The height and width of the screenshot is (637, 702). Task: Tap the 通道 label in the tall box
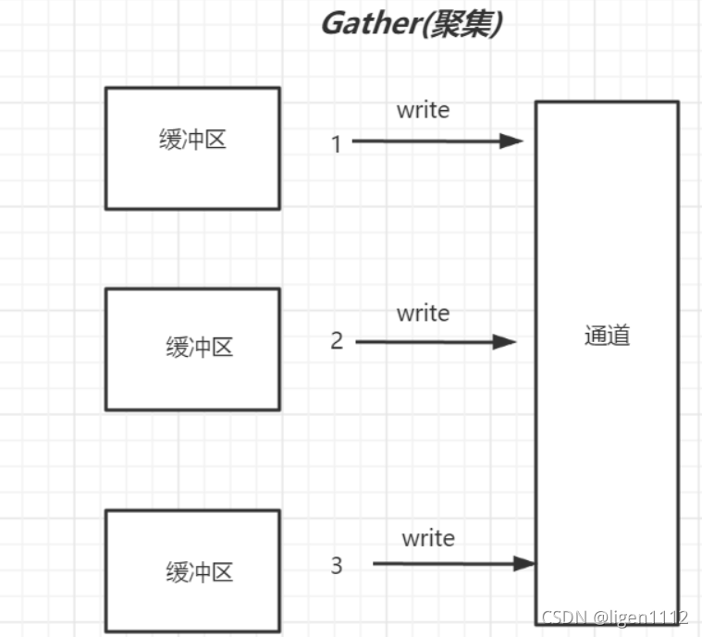(x=608, y=336)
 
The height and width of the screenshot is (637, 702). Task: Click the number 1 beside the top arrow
(x=336, y=144)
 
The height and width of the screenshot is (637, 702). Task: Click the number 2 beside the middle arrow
(x=337, y=341)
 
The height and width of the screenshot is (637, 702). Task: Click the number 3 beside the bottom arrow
(x=337, y=565)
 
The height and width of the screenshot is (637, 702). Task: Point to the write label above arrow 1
(x=423, y=110)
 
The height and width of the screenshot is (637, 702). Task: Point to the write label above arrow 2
(x=423, y=313)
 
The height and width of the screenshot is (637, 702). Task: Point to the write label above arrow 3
(x=428, y=537)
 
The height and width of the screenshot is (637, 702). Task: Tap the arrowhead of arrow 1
(x=512, y=141)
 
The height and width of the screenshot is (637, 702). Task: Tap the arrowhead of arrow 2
(x=505, y=342)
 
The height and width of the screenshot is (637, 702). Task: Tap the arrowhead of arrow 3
(x=525, y=563)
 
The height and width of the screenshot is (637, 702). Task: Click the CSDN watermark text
(x=560, y=618)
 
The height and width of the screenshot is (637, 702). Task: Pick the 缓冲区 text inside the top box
(x=192, y=141)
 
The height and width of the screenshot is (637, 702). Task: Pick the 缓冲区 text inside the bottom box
(x=199, y=571)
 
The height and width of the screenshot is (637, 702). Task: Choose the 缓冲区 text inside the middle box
(x=199, y=348)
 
